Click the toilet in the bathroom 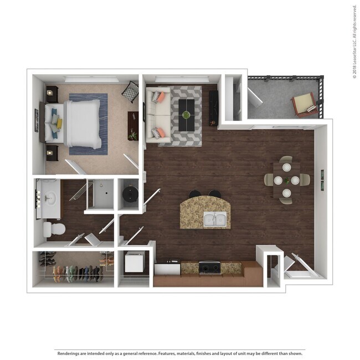54,228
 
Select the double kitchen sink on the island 215,219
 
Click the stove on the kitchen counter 210,267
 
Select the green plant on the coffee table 186,115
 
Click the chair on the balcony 304,104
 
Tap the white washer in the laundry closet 135,261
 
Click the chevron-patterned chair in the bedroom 130,91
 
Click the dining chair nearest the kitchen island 269,179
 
